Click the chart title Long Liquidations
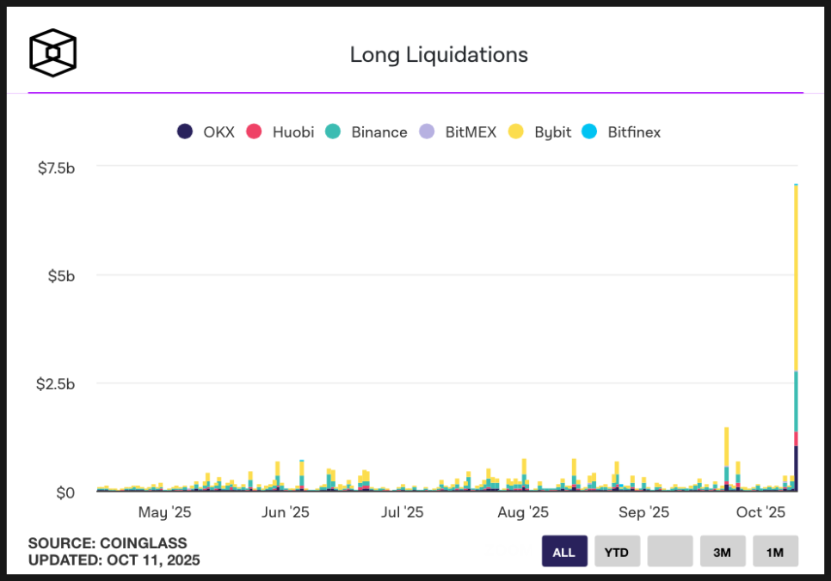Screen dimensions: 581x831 click(439, 55)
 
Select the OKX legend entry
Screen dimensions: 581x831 click(206, 131)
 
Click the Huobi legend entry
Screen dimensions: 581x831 click(280, 131)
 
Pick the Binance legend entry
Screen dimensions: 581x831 click(367, 131)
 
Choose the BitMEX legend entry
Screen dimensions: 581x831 click(458, 131)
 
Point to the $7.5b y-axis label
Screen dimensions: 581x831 click(57, 168)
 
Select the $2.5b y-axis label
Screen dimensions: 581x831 click(57, 384)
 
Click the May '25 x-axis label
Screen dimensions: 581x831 click(164, 513)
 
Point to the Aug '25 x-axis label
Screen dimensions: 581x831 click(523, 513)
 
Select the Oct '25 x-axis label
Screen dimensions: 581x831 click(761, 513)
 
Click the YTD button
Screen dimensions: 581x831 click(617, 552)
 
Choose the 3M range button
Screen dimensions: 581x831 click(723, 552)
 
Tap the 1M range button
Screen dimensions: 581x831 click(775, 552)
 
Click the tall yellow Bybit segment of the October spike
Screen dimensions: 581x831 click(796, 275)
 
